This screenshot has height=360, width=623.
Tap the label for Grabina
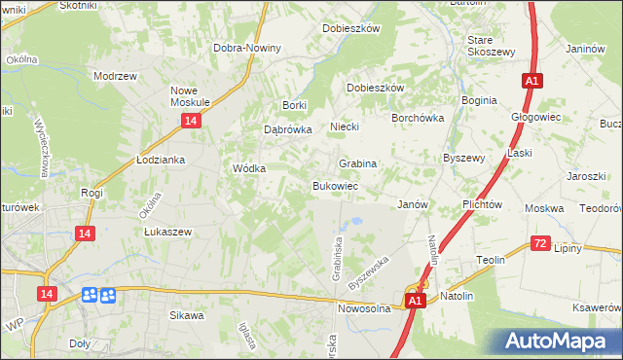(x=357, y=163)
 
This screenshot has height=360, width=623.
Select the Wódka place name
(x=249, y=167)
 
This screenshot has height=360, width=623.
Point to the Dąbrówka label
(x=287, y=128)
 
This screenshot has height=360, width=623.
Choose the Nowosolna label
(x=364, y=308)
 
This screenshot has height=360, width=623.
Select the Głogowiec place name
(x=533, y=117)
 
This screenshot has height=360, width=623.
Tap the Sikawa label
(x=187, y=315)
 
